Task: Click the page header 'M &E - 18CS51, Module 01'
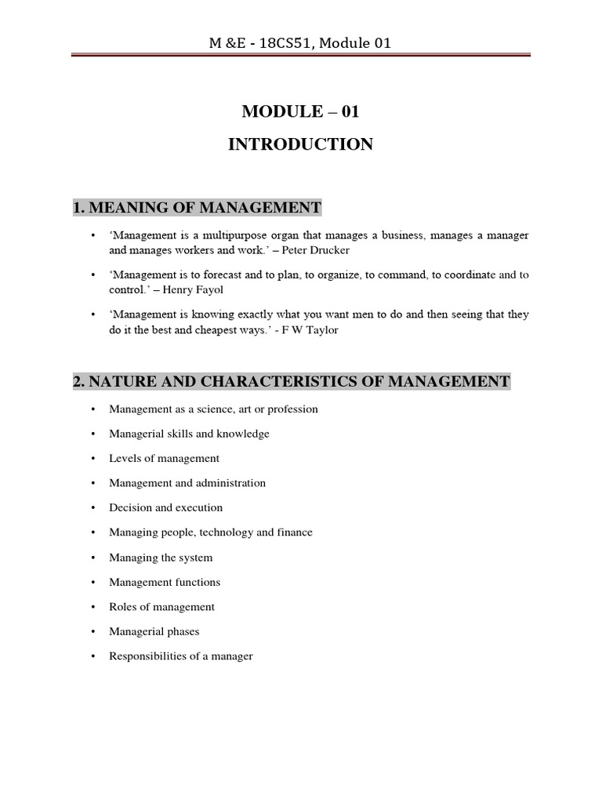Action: (x=300, y=42)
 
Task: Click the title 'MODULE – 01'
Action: (x=300, y=111)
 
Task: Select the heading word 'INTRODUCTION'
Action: (x=300, y=144)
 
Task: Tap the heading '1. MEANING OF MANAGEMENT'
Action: (x=197, y=208)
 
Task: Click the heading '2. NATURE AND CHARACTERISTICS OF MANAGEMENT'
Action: (x=292, y=382)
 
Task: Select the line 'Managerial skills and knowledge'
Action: (x=189, y=434)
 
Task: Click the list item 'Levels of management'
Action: (x=164, y=458)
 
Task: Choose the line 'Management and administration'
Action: (x=187, y=483)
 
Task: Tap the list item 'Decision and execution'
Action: (x=166, y=507)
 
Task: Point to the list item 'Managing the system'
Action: (x=161, y=558)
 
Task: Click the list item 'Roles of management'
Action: (x=161, y=607)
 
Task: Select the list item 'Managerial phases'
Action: (x=154, y=631)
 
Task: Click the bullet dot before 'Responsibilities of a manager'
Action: (x=92, y=656)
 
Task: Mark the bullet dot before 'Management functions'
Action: (x=92, y=583)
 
